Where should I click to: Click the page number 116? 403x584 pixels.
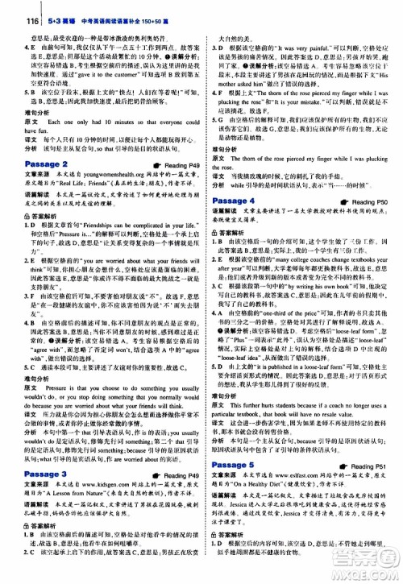[x=10, y=6]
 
